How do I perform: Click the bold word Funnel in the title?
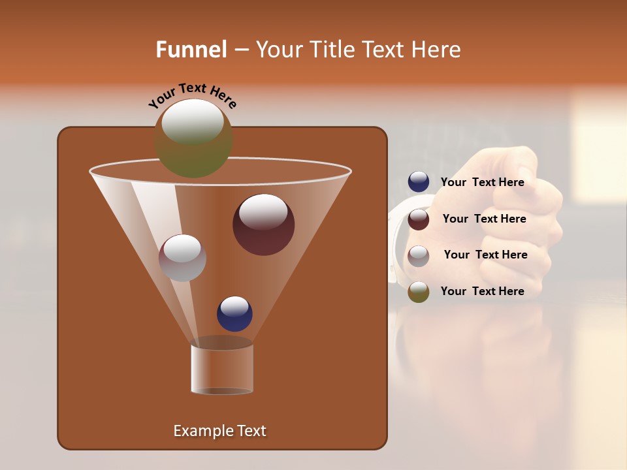(x=191, y=50)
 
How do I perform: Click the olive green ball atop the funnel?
(x=193, y=138)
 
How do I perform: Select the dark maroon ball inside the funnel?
(x=263, y=224)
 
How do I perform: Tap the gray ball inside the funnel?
(x=182, y=257)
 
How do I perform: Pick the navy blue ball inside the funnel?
(x=234, y=313)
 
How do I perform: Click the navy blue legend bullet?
(x=419, y=182)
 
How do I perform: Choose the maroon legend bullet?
(x=419, y=219)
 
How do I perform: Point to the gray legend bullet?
(x=419, y=255)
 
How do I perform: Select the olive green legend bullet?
(x=419, y=292)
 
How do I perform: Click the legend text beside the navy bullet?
(x=482, y=182)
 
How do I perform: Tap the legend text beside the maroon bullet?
(x=484, y=219)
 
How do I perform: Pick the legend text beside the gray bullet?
(x=485, y=255)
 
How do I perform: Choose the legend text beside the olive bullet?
(x=482, y=291)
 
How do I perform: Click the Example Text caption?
(x=219, y=431)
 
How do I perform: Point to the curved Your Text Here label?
(x=193, y=95)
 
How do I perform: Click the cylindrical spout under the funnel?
(x=222, y=368)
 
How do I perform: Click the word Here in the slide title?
(x=436, y=50)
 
